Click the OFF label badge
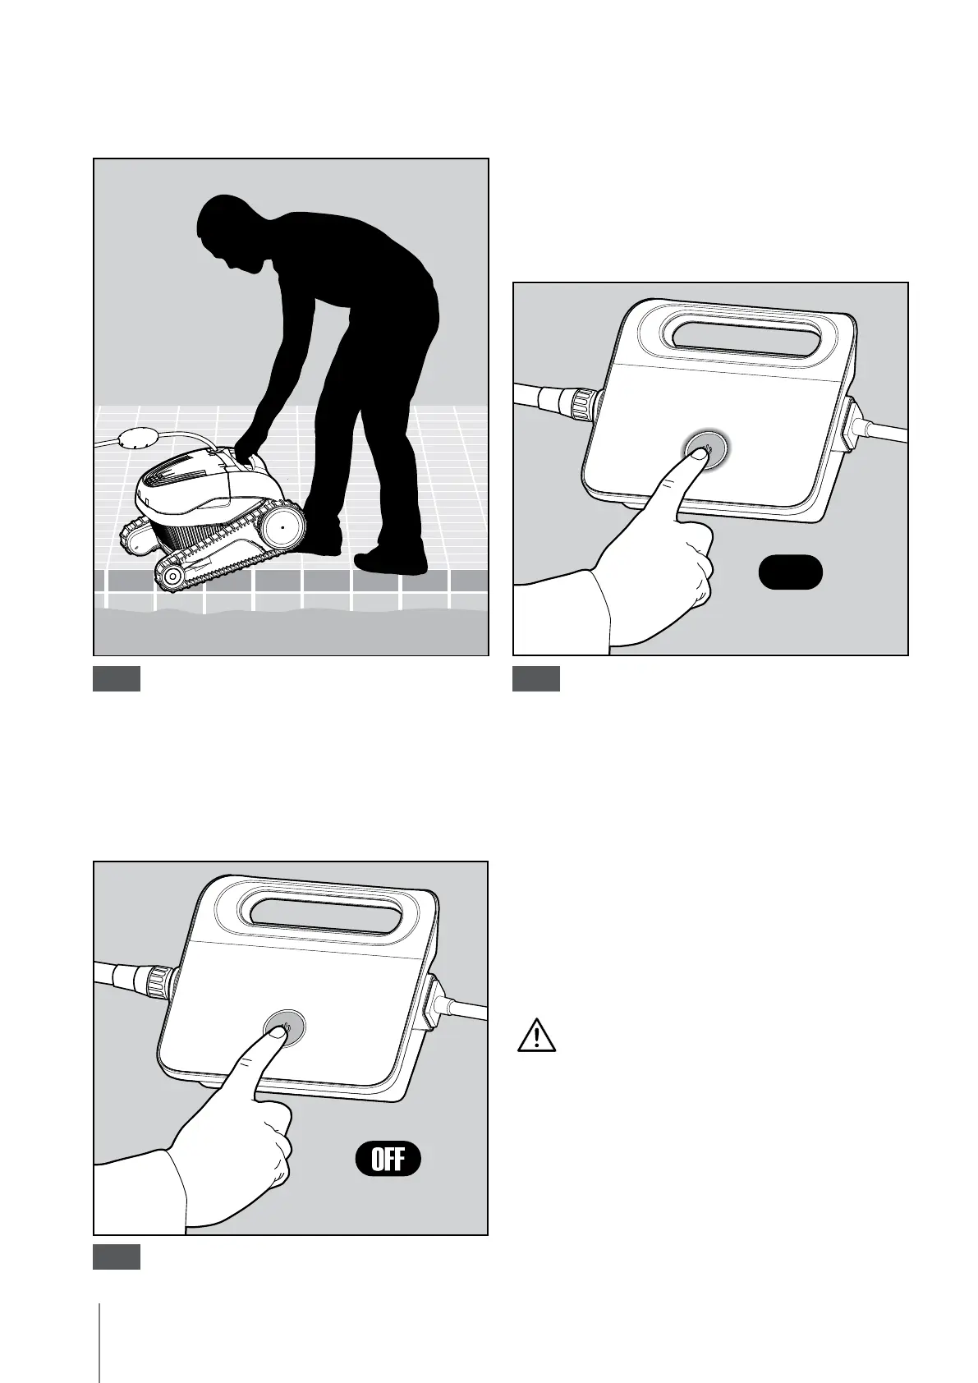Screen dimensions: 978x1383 (x=388, y=1159)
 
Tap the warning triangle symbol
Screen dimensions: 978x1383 (x=536, y=1036)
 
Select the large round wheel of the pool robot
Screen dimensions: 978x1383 (x=282, y=527)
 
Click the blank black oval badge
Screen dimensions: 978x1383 (x=790, y=572)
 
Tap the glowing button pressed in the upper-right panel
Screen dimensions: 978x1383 (x=705, y=449)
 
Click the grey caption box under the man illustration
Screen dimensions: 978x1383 (x=116, y=678)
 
